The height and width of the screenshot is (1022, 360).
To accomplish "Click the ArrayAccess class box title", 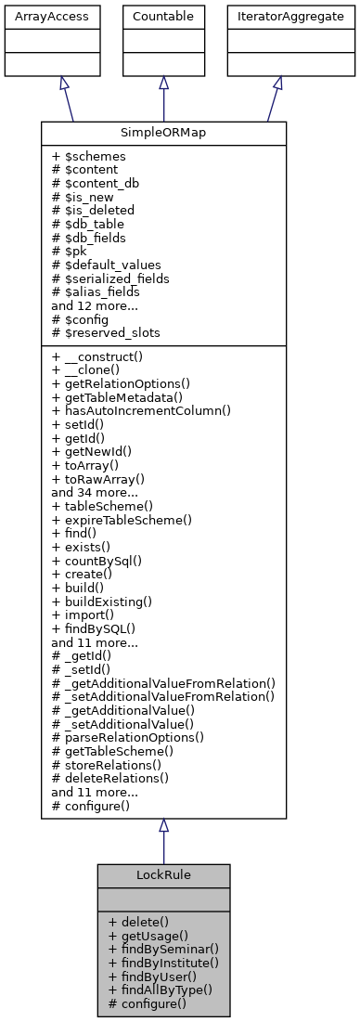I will (x=37, y=17).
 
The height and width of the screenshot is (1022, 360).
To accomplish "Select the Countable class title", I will (x=163, y=17).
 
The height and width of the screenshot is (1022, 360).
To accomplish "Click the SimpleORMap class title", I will (x=163, y=132).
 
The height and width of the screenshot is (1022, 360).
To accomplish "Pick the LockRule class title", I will (x=163, y=874).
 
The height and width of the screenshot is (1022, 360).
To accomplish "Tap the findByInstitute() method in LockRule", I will (x=163, y=963).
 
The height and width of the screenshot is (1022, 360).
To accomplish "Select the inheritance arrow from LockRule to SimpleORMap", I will (x=163, y=841).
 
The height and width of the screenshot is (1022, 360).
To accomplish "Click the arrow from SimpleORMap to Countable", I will (x=163, y=98).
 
